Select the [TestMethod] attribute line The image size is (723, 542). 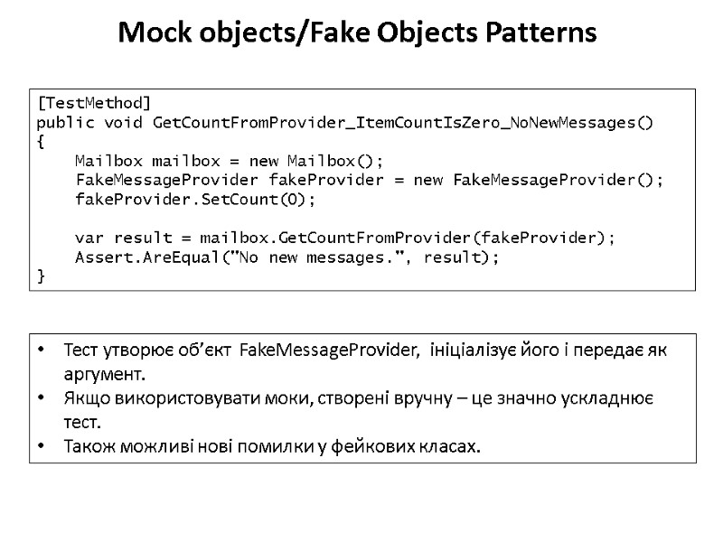(94, 102)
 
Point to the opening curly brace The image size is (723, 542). (41, 142)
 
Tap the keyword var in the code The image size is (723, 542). (89, 238)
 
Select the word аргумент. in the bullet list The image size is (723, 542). (104, 374)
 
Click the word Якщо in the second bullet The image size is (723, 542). (86, 398)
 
